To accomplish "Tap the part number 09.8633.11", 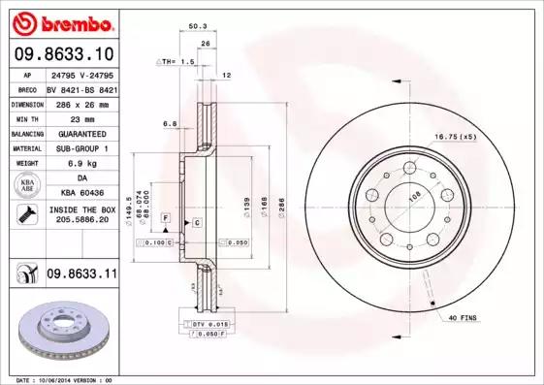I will (81, 276).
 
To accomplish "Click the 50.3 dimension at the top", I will (194, 25).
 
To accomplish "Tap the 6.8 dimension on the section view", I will (170, 124).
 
